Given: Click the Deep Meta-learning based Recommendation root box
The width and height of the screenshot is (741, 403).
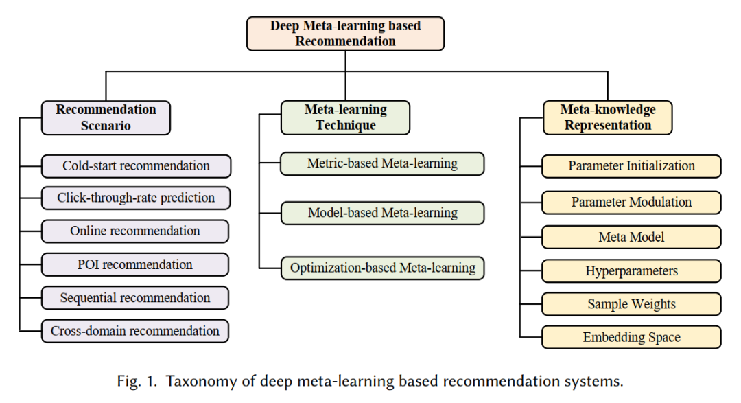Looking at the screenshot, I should tap(345, 34).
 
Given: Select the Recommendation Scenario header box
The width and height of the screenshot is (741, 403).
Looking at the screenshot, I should tap(106, 117).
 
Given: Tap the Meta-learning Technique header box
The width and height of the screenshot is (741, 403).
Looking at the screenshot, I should tap(345, 117).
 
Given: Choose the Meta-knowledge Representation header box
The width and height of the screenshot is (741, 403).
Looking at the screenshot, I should tap(607, 117).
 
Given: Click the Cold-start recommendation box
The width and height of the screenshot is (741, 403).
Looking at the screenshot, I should tap(136, 166).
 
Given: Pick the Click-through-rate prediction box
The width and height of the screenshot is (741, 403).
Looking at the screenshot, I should tap(136, 198).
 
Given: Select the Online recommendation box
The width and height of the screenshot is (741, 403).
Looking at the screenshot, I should tap(135, 231).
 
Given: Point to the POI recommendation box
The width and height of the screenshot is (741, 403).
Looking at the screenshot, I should tap(135, 264).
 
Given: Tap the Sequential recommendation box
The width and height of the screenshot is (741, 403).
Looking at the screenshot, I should tap(135, 298).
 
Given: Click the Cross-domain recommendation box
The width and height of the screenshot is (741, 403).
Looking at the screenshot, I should tap(135, 331).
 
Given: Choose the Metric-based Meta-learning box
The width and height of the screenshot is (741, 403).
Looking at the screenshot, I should tap(382, 163).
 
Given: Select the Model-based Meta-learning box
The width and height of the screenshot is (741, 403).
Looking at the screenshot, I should tap(382, 213).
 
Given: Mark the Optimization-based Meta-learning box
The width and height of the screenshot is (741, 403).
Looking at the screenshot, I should tap(382, 268).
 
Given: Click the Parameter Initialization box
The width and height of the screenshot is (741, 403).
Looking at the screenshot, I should tap(631, 166).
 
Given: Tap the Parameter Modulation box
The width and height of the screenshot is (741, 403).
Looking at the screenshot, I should tap(631, 203).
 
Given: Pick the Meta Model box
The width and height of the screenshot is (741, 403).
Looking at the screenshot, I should tap(631, 238).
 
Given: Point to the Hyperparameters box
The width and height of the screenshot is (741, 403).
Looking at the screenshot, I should tap(631, 271).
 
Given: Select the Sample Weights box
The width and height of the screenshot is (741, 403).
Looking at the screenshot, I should tap(631, 304).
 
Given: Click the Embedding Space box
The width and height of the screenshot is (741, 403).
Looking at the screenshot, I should tap(631, 337).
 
